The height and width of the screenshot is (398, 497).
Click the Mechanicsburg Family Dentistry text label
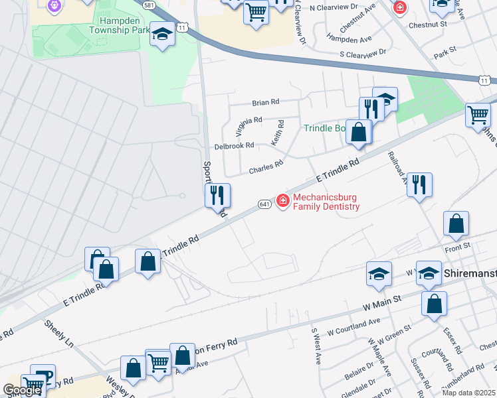coord(326,202)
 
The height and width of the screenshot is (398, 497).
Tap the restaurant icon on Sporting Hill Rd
coord(217,195)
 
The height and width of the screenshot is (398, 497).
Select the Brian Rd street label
coord(266,103)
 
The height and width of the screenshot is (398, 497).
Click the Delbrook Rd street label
coord(234,145)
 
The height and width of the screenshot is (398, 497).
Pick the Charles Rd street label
coord(266,168)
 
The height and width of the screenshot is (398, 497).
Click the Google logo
coord(22,390)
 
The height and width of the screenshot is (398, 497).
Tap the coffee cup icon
coord(43,375)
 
